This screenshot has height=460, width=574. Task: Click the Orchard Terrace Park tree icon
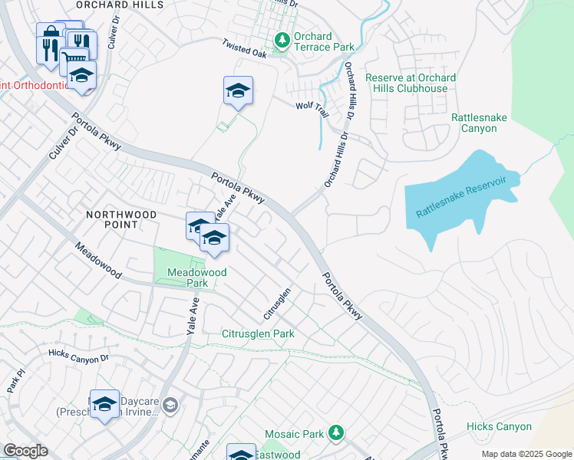(x=282, y=39)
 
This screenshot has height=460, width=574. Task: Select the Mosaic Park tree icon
(x=335, y=434)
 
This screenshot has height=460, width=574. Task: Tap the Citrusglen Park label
(x=258, y=334)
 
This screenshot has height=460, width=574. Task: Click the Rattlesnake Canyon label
(x=484, y=123)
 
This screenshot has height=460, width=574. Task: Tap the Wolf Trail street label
(x=312, y=110)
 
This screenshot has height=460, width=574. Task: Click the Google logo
(x=25, y=451)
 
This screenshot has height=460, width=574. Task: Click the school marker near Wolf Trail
(x=238, y=91)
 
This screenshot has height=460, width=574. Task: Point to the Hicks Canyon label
(x=499, y=426)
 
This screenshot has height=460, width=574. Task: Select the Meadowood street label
(x=98, y=261)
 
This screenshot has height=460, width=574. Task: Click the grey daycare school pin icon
(x=170, y=404)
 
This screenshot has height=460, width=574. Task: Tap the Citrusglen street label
(x=277, y=304)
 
